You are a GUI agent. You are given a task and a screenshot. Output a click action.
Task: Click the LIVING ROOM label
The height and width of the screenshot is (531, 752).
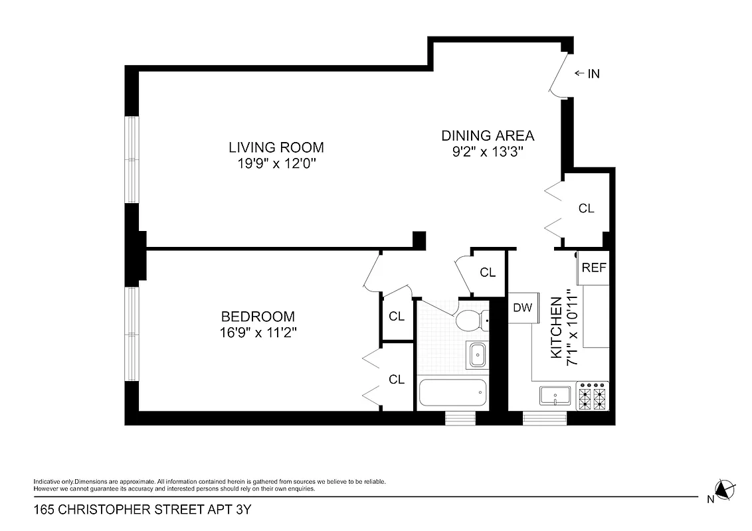276,147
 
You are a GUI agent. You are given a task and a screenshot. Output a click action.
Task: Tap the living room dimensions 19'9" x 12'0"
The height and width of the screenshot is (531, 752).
276,164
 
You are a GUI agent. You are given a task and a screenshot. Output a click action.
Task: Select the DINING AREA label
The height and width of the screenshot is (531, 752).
488,135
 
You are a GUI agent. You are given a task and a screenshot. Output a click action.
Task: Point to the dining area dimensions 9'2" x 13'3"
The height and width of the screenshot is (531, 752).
488,152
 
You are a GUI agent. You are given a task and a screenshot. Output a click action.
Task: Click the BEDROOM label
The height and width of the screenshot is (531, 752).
258,317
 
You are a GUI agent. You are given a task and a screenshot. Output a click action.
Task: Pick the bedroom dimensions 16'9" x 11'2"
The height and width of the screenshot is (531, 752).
258,334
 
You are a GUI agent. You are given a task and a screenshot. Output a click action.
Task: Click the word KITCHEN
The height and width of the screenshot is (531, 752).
557,328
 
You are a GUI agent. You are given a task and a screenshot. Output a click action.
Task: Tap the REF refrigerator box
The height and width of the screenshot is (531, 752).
594,268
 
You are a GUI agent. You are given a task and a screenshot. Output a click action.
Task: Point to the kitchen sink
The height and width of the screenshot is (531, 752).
555,396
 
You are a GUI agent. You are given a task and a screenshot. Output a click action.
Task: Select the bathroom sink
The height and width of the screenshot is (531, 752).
477,355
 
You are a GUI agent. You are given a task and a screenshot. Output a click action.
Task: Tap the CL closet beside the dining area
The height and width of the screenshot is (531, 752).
585,208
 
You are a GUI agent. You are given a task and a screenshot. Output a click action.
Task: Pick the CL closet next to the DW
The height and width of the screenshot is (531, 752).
488,272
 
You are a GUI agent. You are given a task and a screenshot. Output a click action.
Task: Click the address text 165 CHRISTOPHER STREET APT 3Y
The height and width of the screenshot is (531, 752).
143,510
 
